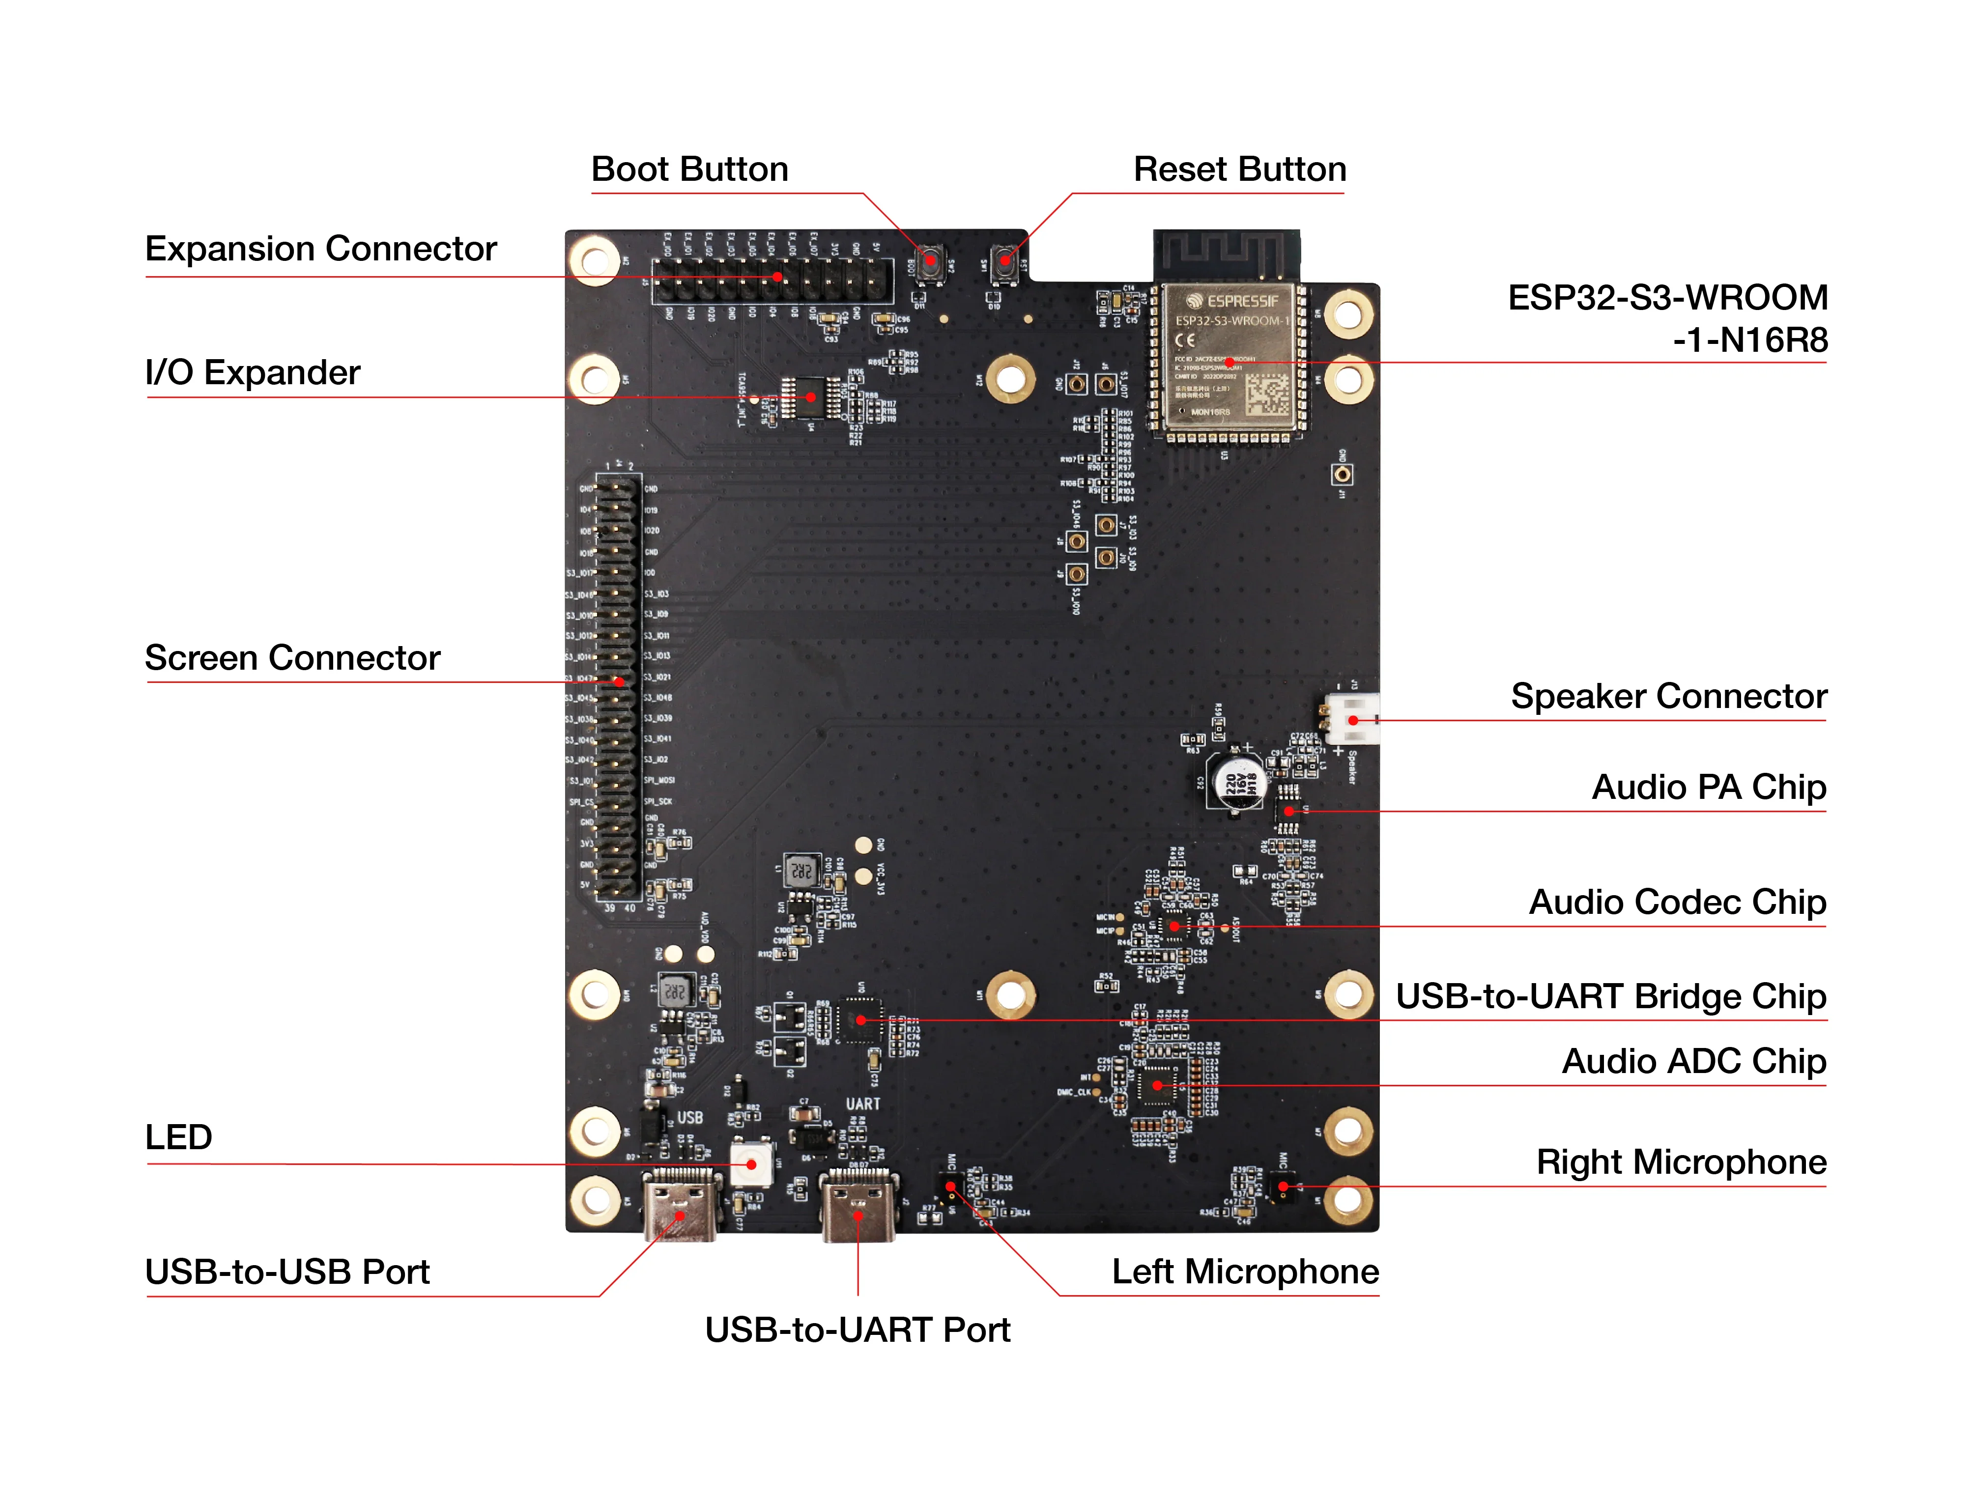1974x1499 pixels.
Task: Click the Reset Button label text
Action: (1239, 170)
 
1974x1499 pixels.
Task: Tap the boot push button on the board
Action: (930, 261)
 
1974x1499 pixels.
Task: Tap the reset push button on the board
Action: (1005, 261)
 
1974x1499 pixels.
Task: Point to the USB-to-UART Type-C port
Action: (858, 1206)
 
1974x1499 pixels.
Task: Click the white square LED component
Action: (751, 1163)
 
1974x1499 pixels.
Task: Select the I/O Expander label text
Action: (253, 373)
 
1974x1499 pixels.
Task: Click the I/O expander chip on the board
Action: (810, 397)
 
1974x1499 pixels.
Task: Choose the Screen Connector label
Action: (293, 658)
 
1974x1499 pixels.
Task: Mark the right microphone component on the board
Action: (1283, 1187)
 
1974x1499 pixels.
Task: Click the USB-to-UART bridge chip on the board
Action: (860, 1020)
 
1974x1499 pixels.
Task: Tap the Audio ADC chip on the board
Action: (1157, 1085)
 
